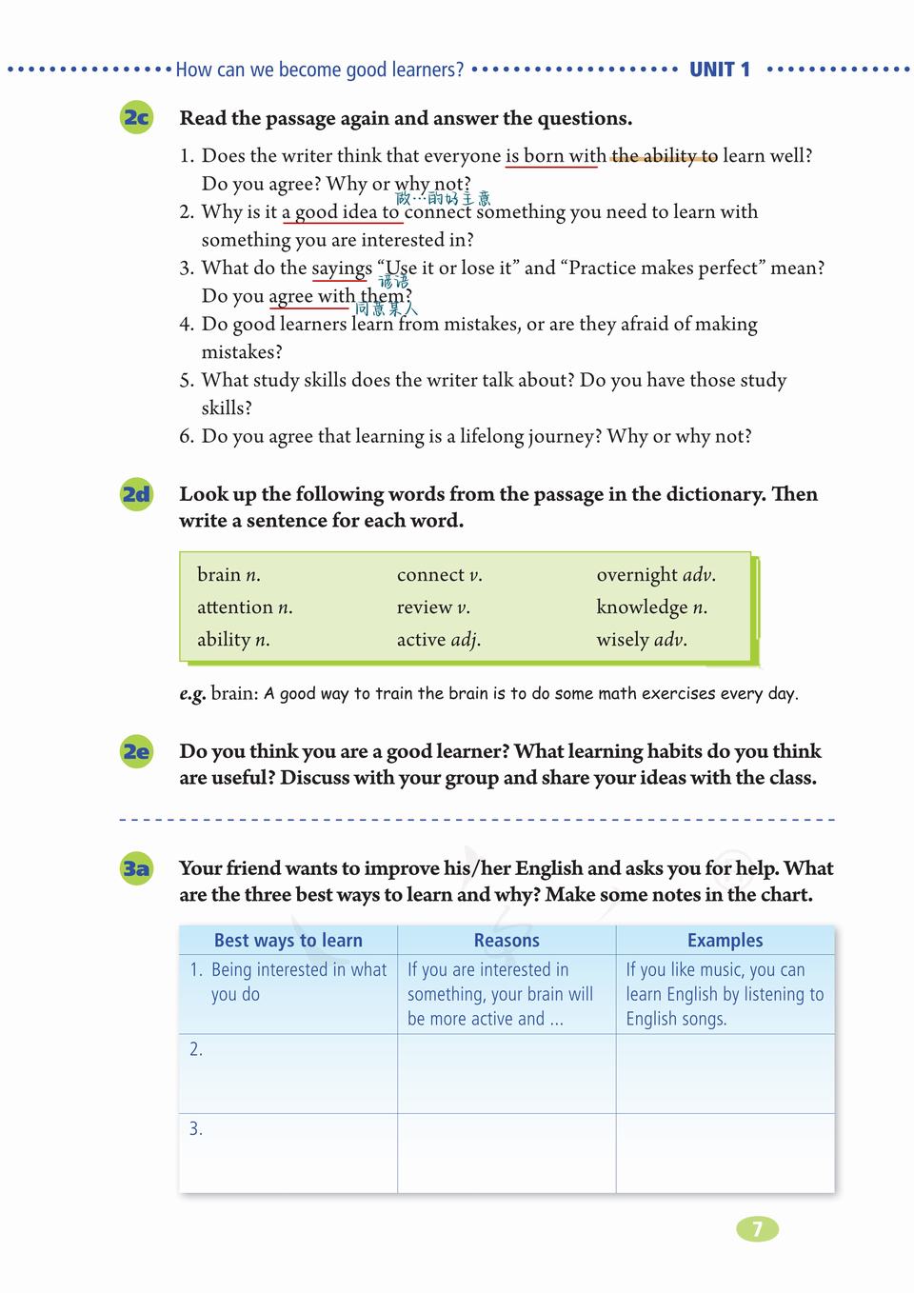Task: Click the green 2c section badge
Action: [x=136, y=117]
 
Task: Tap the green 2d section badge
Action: [x=136, y=494]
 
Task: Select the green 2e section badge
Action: [x=136, y=751]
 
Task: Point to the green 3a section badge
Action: [x=136, y=868]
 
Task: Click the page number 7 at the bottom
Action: [x=758, y=1229]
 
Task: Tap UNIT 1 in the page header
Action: [x=720, y=70]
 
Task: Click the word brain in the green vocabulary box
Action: [x=219, y=574]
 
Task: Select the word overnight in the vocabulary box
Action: [x=637, y=574]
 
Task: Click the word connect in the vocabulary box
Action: [x=430, y=574]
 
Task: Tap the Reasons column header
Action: [x=507, y=940]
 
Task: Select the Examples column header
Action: [x=725, y=940]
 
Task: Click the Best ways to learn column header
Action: [x=288, y=940]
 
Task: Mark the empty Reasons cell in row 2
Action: [x=507, y=1073]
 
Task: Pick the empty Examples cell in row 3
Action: [x=725, y=1152]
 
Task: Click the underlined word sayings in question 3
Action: [x=342, y=269]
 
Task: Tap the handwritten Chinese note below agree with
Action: [x=387, y=308]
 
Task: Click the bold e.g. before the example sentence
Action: [x=191, y=694]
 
